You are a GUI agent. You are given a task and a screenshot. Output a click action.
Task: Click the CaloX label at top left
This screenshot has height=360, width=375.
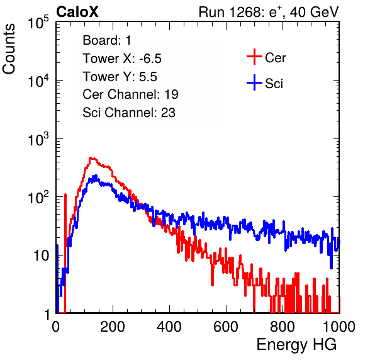77,12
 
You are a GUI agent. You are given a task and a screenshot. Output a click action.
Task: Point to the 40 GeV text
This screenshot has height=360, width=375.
314,12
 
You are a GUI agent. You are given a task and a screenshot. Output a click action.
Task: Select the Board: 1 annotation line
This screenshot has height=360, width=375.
107,40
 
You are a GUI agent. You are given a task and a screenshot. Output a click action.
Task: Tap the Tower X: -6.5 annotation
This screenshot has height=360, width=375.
122,59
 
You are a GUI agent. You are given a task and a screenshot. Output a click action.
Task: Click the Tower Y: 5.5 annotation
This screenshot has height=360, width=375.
120,77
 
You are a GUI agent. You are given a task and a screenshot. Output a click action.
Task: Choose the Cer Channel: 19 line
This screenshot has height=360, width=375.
130,94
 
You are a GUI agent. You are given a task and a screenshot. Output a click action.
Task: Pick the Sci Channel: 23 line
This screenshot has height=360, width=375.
129,113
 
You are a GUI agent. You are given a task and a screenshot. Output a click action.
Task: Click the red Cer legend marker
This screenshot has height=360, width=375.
254,57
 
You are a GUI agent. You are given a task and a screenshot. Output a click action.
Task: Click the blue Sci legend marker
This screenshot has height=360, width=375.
254,82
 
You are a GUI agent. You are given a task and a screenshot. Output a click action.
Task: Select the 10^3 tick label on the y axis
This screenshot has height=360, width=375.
38,139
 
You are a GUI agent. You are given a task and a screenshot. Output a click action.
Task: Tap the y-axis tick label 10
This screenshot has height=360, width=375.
41,256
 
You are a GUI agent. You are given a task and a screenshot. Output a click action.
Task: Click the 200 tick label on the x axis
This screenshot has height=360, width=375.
113,327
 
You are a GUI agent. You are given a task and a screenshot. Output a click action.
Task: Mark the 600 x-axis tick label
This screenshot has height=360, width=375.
226,327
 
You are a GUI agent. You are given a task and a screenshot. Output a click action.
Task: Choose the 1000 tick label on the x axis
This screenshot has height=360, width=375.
339,327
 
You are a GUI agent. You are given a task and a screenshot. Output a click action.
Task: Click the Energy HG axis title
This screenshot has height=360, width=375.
296,345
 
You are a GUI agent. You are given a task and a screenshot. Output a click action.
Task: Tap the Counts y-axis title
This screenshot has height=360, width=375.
9,49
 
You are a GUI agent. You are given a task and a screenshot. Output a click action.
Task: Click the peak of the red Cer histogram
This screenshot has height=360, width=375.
91,158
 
